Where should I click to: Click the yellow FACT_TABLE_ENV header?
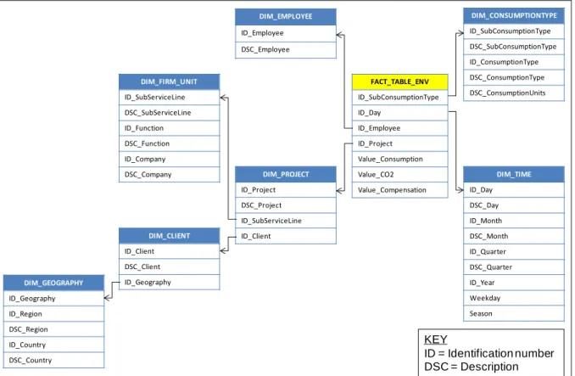click(399, 81)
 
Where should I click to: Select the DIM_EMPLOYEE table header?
click(285, 16)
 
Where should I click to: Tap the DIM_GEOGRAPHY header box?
click(53, 283)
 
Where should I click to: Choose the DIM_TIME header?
click(513, 174)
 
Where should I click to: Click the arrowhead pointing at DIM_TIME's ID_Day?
click(461, 190)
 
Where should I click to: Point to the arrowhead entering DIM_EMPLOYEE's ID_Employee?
click(340, 35)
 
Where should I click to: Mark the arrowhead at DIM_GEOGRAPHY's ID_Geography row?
click(108, 298)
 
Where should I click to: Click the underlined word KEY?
click(436, 340)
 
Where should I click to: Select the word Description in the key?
click(489, 367)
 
